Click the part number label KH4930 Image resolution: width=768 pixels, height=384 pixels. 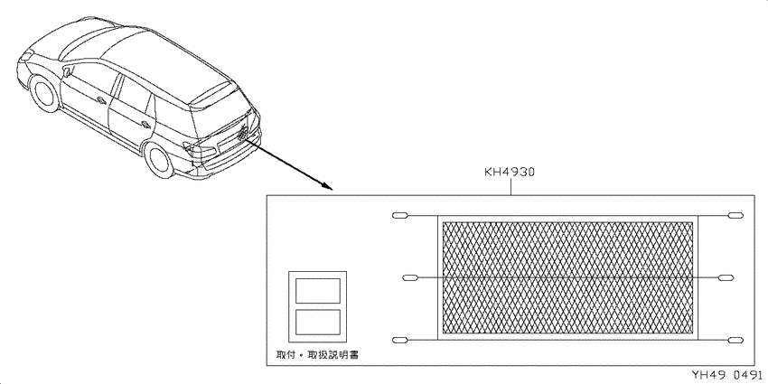pyautogui.click(x=510, y=172)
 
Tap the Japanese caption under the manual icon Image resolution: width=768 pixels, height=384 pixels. pyautogui.click(x=317, y=354)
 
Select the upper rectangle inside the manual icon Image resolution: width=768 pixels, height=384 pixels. pyautogui.click(x=318, y=291)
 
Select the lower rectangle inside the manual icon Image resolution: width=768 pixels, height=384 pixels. pyautogui.click(x=318, y=322)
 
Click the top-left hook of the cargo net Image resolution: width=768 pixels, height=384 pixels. pyautogui.click(x=400, y=216)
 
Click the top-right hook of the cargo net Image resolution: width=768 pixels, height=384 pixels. pyautogui.click(x=735, y=216)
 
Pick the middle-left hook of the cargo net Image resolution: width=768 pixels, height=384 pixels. pyautogui.click(x=410, y=277)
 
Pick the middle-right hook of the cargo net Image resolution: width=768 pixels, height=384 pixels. pyautogui.click(x=726, y=277)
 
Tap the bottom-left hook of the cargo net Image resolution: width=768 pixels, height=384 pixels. pyautogui.click(x=400, y=341)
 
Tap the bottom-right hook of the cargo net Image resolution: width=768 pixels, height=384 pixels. pyautogui.click(x=735, y=341)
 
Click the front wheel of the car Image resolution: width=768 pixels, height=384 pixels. pyautogui.click(x=44, y=92)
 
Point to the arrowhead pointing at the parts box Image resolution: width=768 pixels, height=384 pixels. pyautogui.click(x=327, y=186)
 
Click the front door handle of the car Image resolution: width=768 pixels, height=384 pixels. pyautogui.click(x=102, y=100)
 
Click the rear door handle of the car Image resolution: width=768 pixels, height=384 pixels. pyautogui.click(x=146, y=125)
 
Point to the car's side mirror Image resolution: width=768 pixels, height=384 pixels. pyautogui.click(x=67, y=72)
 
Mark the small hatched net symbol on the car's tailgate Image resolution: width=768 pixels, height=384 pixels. pyautogui.click(x=243, y=132)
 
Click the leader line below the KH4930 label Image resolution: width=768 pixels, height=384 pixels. pyautogui.click(x=510, y=186)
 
